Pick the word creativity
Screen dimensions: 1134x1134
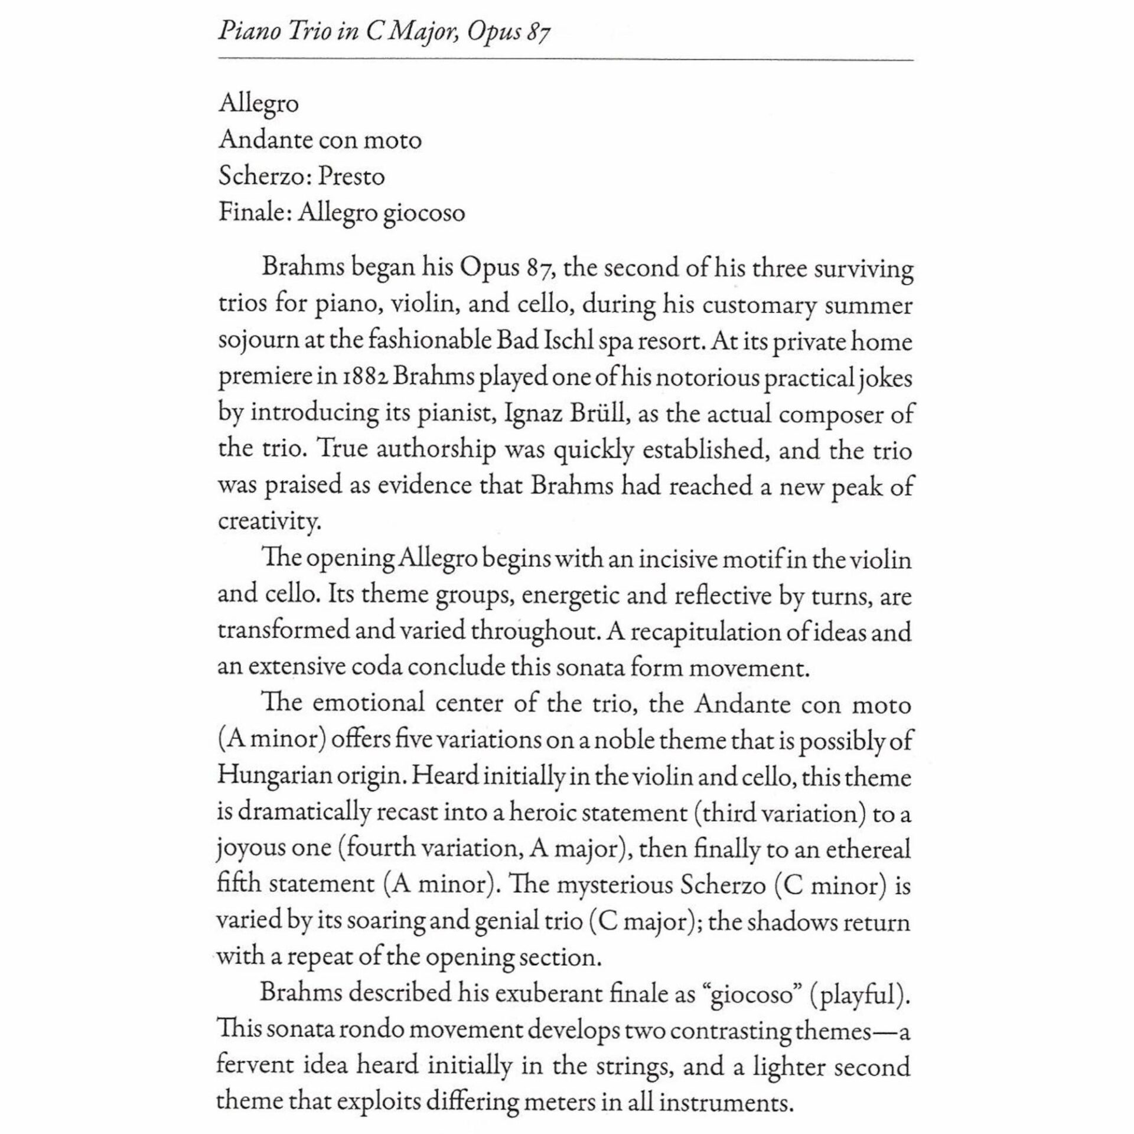[269, 522]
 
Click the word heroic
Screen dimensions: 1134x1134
[543, 813]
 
